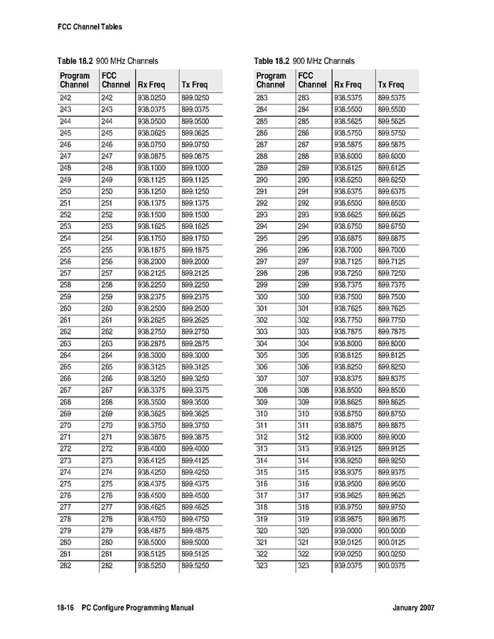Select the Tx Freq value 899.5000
(x=195, y=541)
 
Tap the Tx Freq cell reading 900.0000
(x=391, y=530)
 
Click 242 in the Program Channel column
(x=65, y=97)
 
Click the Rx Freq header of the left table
(x=151, y=85)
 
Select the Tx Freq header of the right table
(x=391, y=85)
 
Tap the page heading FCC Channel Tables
(x=90, y=27)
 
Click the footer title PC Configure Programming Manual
(x=137, y=608)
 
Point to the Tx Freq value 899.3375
(x=195, y=390)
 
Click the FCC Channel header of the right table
(x=313, y=80)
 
